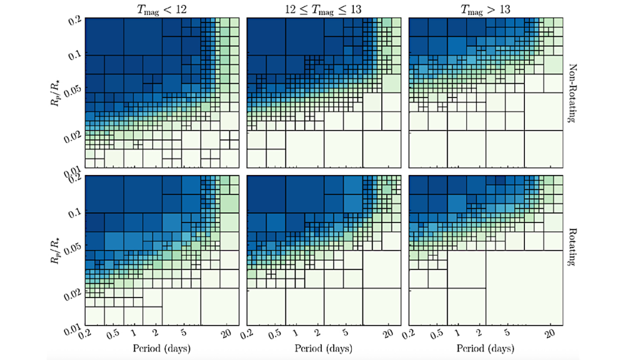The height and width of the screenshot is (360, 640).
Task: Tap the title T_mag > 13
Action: click(x=484, y=9)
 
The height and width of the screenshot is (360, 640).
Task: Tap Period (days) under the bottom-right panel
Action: click(x=484, y=346)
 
